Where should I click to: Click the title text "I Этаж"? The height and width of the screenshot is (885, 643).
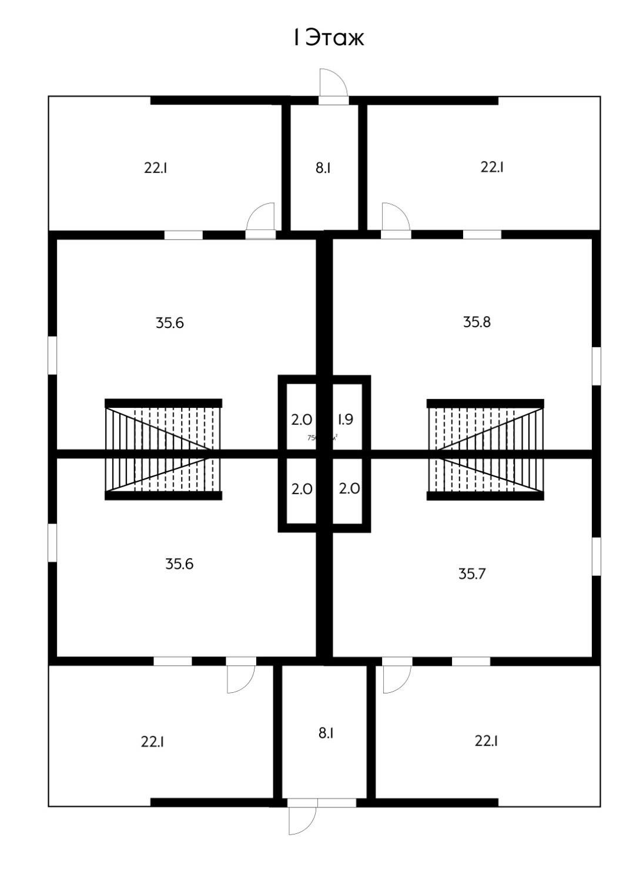pos(329,38)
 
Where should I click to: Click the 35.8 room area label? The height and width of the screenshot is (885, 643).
pos(477,322)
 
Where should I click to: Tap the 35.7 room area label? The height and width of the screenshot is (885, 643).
pos(472,574)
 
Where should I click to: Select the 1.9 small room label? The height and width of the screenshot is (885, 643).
pos(345,420)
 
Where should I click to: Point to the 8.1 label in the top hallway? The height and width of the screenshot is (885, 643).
pos(323,168)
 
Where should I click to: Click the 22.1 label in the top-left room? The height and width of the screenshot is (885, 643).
pos(156,168)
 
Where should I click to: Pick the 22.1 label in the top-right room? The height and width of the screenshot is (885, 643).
pos(492,167)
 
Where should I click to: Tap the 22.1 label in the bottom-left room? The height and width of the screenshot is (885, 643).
pos(152,742)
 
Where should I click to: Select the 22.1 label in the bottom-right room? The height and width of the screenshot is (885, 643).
pos(487,741)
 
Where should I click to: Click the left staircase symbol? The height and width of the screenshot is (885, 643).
pos(163,450)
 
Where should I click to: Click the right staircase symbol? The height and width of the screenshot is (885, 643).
pos(485,450)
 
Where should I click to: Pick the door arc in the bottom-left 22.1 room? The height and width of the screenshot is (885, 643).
pos(241,679)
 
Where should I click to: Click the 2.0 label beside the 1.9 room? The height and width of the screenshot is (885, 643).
pos(302,420)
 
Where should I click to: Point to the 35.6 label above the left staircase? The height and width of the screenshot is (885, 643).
pos(170,323)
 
